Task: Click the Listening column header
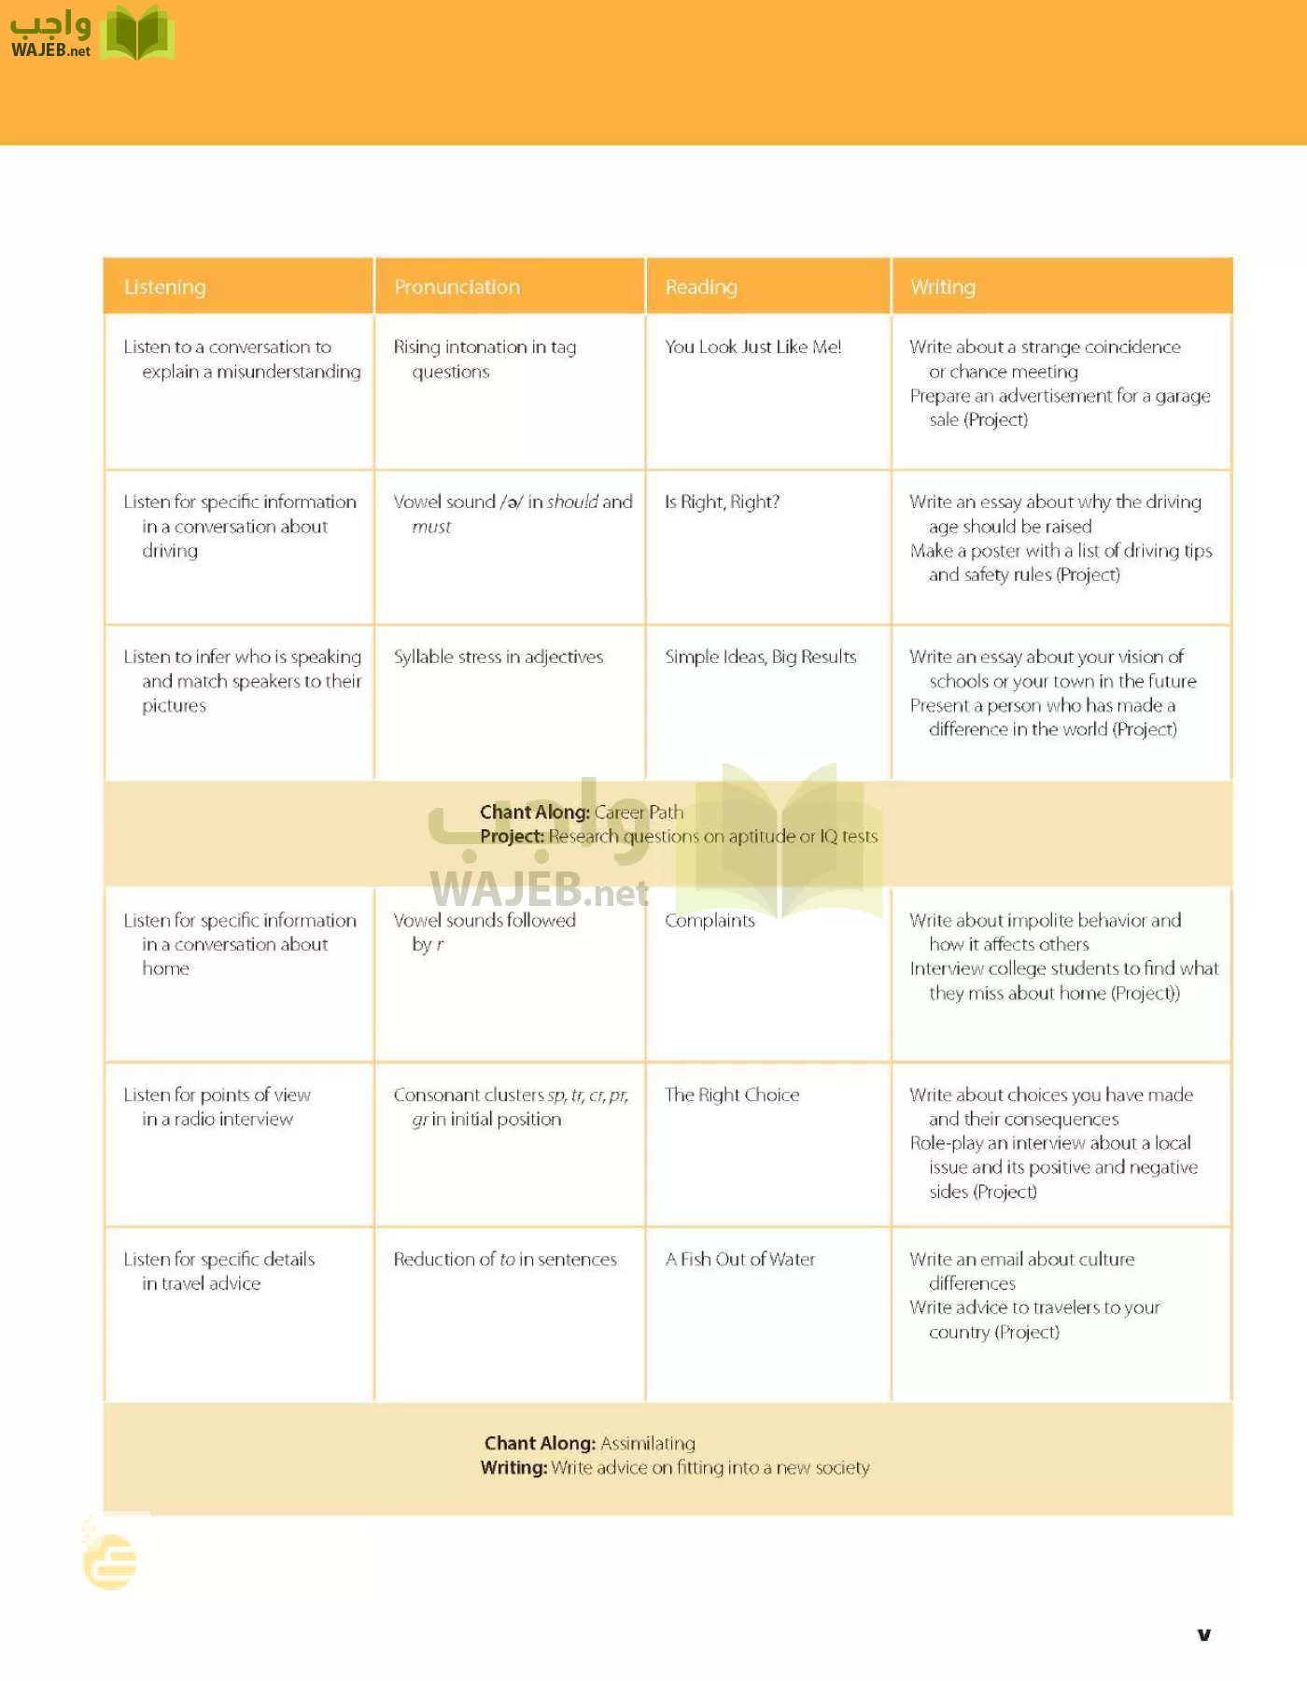pyautogui.click(x=164, y=287)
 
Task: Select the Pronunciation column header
pyautogui.click(x=457, y=287)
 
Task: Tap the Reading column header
pyautogui.click(x=701, y=287)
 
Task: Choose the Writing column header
pyautogui.click(x=943, y=287)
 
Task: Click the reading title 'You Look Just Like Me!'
pyautogui.click(x=752, y=346)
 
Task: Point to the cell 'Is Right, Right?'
pyautogui.click(x=722, y=501)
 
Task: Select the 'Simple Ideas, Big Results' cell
pyautogui.click(x=760, y=657)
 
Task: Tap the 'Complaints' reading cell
pyautogui.click(x=710, y=920)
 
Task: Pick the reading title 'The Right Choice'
pyautogui.click(x=732, y=1095)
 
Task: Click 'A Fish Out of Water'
pyautogui.click(x=739, y=1259)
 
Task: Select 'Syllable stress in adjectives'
pyautogui.click(x=498, y=657)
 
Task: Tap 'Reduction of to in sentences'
pyautogui.click(x=505, y=1259)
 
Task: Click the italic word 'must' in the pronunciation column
pyautogui.click(x=431, y=527)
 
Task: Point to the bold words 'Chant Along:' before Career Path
pyautogui.click(x=534, y=812)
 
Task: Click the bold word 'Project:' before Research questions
pyautogui.click(x=512, y=836)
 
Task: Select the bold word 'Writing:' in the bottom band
pyautogui.click(x=513, y=1467)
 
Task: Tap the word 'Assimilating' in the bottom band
pyautogui.click(x=647, y=1443)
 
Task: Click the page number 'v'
pyautogui.click(x=1204, y=1633)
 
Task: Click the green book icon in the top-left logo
pyautogui.click(x=137, y=34)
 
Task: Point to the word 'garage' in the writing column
pyautogui.click(x=1183, y=396)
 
